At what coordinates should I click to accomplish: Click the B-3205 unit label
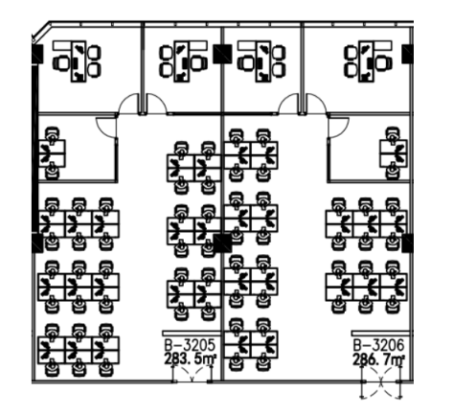point(190,345)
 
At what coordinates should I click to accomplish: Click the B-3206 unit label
point(378,345)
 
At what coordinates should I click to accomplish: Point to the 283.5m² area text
point(191,359)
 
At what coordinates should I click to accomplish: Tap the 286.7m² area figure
point(379,359)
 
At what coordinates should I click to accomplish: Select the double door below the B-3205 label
point(192,375)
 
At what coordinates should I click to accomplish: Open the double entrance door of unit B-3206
point(380,381)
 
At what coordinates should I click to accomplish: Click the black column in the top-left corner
point(37,54)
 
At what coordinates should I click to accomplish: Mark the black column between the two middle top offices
point(222,54)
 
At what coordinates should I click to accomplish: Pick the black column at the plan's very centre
point(222,243)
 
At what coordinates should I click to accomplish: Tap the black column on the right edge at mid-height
point(408,243)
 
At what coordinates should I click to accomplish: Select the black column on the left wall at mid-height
point(37,243)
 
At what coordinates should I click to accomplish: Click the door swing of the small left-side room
point(106,127)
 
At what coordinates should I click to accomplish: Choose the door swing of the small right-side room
point(338,127)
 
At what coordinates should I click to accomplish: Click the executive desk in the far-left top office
point(79,61)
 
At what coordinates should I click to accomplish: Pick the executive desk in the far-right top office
point(367,61)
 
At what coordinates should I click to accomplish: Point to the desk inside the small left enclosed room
point(52,153)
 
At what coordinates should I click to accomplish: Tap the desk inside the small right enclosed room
point(394,153)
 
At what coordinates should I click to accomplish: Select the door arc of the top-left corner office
point(128,104)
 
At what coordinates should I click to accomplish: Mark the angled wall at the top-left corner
point(41,32)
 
